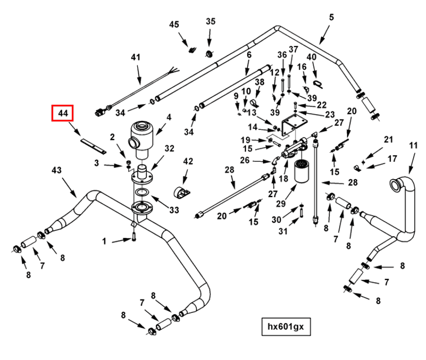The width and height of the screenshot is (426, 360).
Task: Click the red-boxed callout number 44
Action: (x=62, y=114)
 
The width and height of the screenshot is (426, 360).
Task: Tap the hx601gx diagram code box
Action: (x=285, y=326)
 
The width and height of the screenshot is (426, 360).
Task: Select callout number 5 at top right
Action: (x=331, y=17)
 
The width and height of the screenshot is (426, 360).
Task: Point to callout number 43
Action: (x=57, y=170)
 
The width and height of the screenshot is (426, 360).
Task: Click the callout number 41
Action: (x=135, y=57)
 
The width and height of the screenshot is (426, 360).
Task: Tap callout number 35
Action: (x=210, y=22)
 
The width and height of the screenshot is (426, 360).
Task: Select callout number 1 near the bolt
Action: (x=104, y=241)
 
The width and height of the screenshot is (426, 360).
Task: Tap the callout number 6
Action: (x=248, y=55)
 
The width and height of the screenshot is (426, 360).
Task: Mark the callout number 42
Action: (x=188, y=161)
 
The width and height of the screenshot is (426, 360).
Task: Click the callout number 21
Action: (x=388, y=139)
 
